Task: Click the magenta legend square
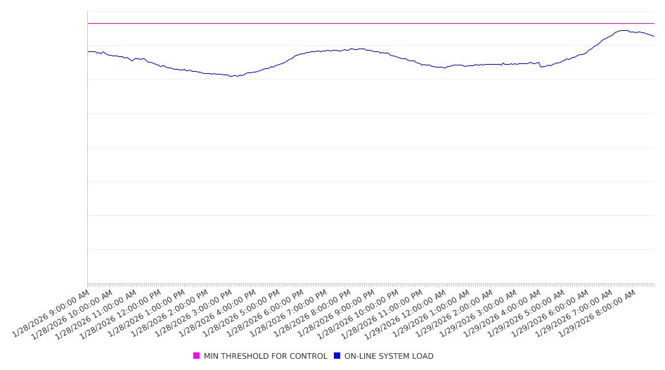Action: [197, 356]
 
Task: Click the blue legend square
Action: [337, 356]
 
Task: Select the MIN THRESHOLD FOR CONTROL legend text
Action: [265, 356]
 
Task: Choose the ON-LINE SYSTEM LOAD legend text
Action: [389, 356]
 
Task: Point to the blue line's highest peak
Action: [621, 30]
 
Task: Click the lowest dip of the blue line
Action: [233, 76]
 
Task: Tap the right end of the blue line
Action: [654, 37]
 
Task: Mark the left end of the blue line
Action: [88, 51]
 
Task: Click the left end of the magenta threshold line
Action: [88, 23]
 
